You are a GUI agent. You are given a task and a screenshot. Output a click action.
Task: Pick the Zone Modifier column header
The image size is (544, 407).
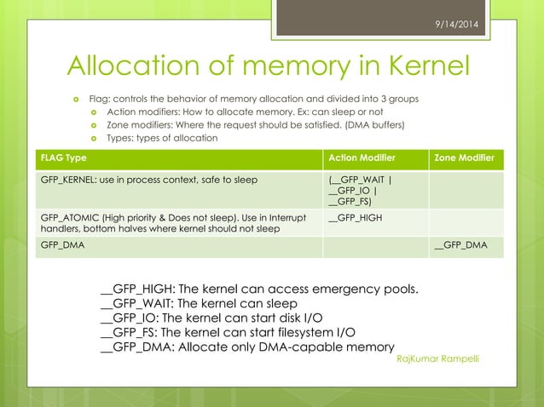[464, 158]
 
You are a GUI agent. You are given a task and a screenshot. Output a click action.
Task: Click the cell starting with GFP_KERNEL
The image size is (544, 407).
[149, 180]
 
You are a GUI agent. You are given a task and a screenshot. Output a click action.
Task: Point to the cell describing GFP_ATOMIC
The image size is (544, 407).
[171, 223]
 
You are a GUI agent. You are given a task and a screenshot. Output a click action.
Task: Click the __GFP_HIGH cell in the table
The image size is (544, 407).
[355, 218]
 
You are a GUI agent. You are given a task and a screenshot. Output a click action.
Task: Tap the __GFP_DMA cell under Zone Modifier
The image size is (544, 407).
[460, 245]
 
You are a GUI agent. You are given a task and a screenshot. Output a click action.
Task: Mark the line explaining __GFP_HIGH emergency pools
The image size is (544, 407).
[259, 288]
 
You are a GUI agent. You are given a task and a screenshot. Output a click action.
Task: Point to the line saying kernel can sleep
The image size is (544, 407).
[199, 303]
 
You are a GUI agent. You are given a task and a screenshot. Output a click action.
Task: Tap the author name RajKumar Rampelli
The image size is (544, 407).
[438, 358]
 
